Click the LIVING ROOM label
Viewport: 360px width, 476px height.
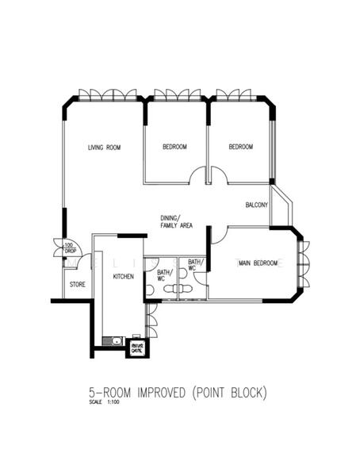click(103, 148)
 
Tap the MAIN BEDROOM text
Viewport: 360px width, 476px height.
click(260, 263)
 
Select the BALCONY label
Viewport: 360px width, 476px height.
click(256, 205)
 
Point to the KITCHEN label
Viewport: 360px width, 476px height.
click(123, 276)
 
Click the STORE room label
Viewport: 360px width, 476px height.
click(77, 283)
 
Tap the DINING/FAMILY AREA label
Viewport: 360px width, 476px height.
click(176, 222)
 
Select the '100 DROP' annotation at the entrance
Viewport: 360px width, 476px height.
click(69, 248)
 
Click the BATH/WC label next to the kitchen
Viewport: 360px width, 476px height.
click(161, 274)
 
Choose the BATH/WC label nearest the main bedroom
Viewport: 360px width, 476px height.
click(195, 265)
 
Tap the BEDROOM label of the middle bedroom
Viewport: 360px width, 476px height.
click(174, 148)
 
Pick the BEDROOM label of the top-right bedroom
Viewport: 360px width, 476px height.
click(240, 148)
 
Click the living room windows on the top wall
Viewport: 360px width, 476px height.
click(106, 96)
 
